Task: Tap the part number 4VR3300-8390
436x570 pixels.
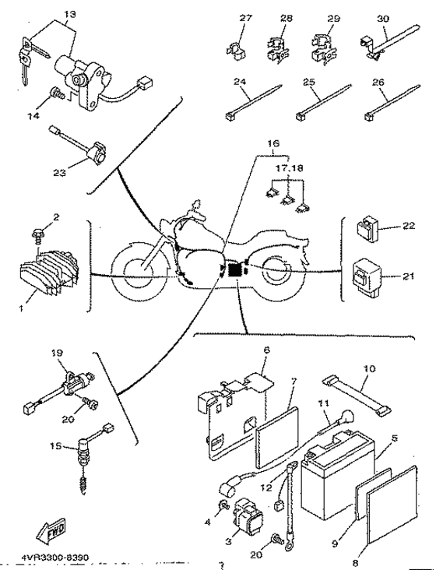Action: pyautogui.click(x=54, y=558)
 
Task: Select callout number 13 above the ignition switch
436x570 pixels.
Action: pyautogui.click(x=70, y=15)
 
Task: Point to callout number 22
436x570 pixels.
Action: pyautogui.click(x=409, y=226)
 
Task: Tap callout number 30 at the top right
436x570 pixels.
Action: pyautogui.click(x=382, y=18)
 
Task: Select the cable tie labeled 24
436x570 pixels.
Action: pyautogui.click(x=253, y=103)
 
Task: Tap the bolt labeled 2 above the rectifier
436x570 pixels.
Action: pyautogui.click(x=39, y=234)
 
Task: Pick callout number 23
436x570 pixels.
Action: pyautogui.click(x=59, y=172)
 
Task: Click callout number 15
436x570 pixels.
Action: pyautogui.click(x=56, y=445)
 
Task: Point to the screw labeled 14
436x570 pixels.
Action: pyautogui.click(x=58, y=93)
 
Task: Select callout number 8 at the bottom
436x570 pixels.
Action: pyautogui.click(x=355, y=564)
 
